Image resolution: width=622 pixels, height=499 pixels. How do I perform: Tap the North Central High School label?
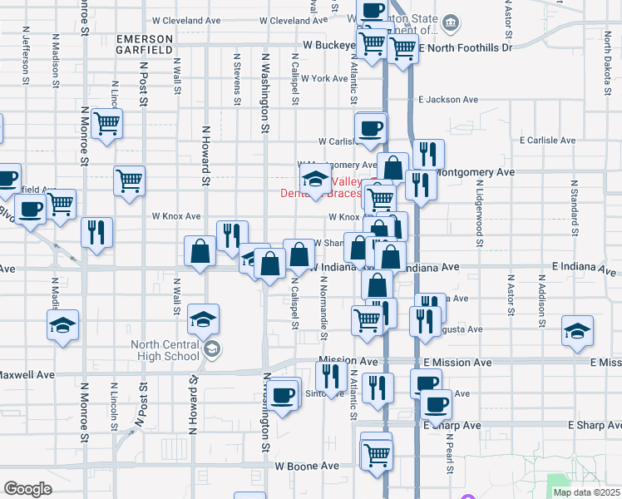pos(165,351)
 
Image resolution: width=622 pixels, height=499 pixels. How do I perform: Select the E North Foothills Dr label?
pos(466,47)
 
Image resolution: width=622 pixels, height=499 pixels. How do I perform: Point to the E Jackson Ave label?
pos(449,99)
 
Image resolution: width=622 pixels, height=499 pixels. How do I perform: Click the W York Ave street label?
pos(324,78)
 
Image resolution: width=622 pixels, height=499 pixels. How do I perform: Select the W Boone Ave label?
pos(309,467)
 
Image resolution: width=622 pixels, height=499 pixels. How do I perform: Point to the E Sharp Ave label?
pos(452,425)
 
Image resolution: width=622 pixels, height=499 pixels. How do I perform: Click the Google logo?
pos(27,489)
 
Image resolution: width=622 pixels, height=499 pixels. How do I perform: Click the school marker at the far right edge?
pos(577,329)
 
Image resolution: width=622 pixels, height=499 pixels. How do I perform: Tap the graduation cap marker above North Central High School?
pos(203,318)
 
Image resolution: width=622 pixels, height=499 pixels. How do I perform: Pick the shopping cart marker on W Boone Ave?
pos(377,454)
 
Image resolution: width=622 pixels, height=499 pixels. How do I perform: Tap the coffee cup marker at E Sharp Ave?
pos(436,404)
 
